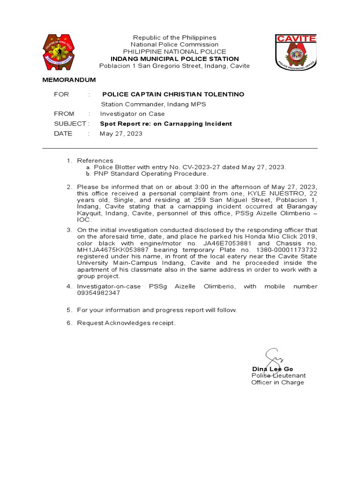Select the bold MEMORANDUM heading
(69, 80)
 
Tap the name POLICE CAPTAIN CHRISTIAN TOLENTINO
(173, 94)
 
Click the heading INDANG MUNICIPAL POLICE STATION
(174, 59)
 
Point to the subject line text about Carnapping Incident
(166, 124)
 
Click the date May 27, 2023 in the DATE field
(121, 134)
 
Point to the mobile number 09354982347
(98, 293)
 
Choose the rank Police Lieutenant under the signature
(278, 375)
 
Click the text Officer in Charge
(277, 382)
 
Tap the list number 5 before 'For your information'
(69, 310)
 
